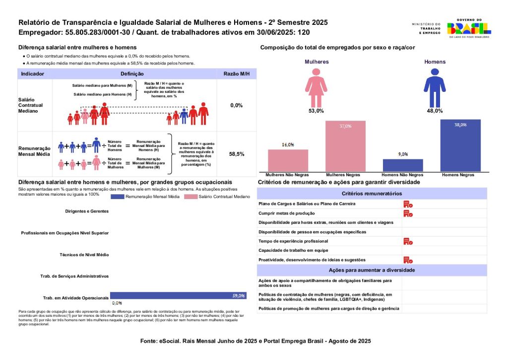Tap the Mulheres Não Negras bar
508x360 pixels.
[x=288, y=160]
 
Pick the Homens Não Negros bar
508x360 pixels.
[x=403, y=165]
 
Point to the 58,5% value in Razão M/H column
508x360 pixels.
[x=237, y=154]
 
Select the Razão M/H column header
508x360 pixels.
[x=237, y=73]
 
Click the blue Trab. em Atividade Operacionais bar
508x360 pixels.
[x=178, y=295]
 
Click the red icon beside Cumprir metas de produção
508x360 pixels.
[x=407, y=213]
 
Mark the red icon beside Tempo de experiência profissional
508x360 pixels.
[x=407, y=241]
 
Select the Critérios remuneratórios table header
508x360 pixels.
[x=372, y=193]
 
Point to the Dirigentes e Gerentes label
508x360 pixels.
[x=86, y=211]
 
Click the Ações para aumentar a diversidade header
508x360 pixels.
[x=372, y=270]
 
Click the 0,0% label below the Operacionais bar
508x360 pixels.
[x=117, y=303]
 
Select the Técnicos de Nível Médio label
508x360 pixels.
[x=84, y=255]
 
